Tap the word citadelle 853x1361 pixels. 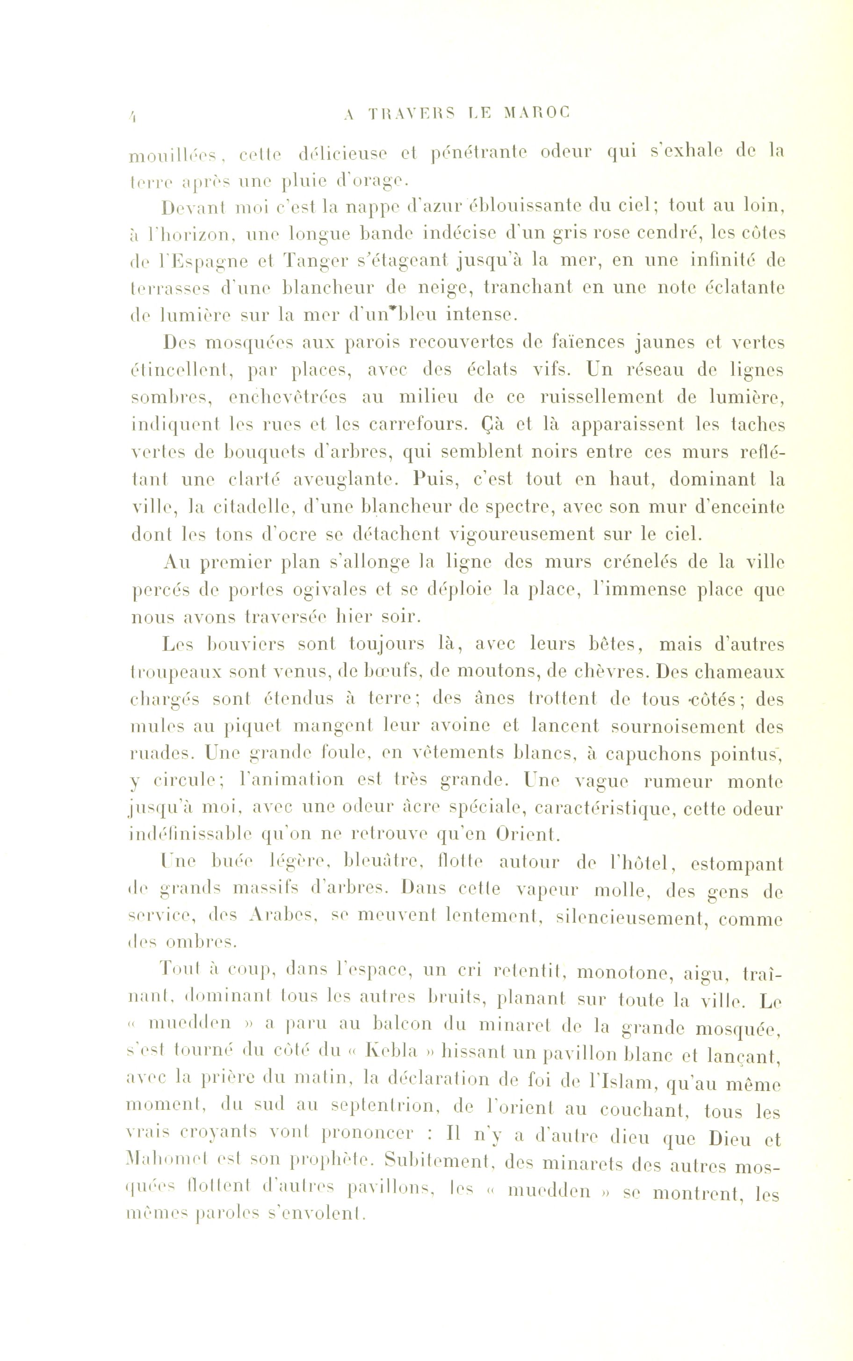[x=246, y=507]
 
